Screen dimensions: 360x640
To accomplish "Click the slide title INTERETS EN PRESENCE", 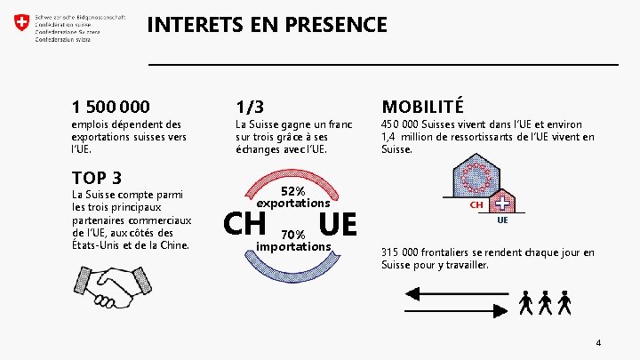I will click(267, 24).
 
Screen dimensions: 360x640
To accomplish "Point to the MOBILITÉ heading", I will click(422, 108).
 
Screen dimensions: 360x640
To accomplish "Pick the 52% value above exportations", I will click(293, 191).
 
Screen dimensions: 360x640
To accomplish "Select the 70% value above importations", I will click(293, 235).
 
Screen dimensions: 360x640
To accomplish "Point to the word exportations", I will click(293, 204).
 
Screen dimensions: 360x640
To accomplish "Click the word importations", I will click(293, 246).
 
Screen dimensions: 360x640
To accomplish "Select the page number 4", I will click(599, 342).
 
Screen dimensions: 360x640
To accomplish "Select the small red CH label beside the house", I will click(476, 205).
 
